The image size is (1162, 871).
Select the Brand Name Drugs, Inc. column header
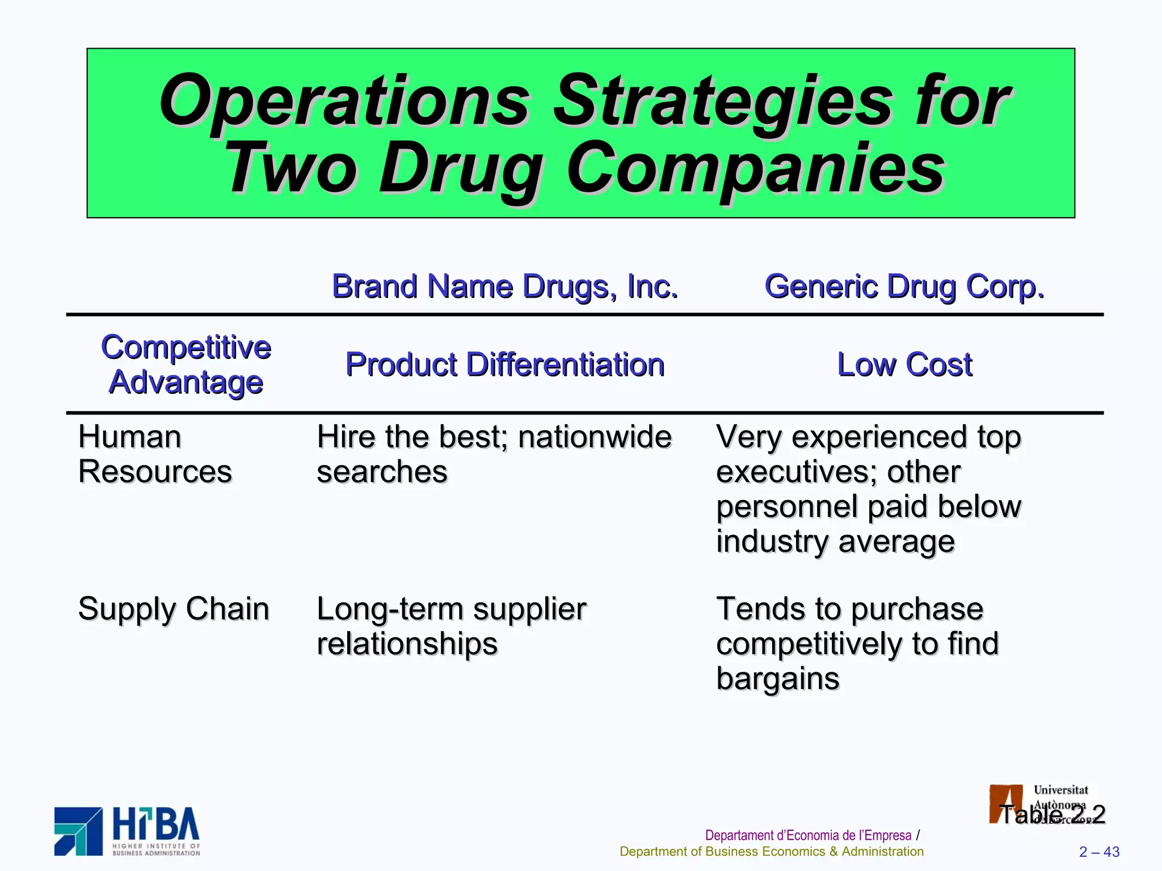coord(504,286)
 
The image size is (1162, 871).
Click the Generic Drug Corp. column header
coord(904,286)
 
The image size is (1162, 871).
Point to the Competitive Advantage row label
coord(186,364)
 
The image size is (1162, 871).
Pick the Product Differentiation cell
coord(504,365)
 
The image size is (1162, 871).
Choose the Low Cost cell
coord(904,365)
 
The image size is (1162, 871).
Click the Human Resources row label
coord(154,454)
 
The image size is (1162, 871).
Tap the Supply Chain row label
coord(173,609)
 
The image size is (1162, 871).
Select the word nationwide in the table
coord(595,437)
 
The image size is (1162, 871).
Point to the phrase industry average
coord(835,542)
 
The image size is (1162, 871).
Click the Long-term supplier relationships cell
coord(451,626)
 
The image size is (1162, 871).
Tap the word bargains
coord(777,679)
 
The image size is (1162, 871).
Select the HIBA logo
coord(127,831)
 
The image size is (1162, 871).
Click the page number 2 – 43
coord(1099,852)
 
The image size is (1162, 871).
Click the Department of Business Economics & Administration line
coord(771,852)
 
